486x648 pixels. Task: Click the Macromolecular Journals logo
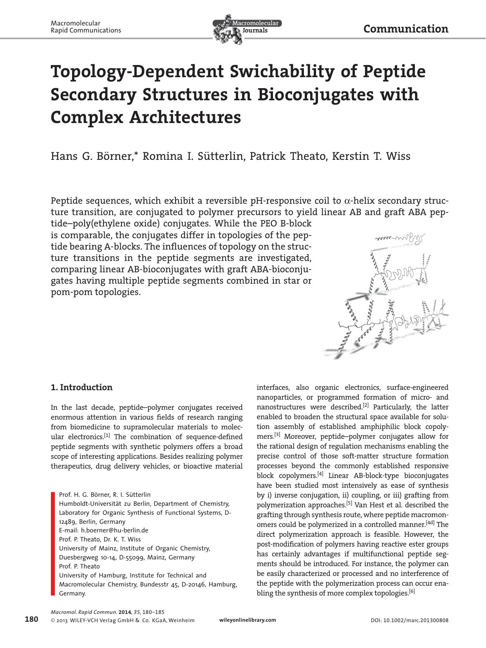(247, 28)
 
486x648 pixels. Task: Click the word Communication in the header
(406, 29)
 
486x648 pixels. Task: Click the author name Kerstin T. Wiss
(371, 156)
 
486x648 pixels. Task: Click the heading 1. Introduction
(81, 387)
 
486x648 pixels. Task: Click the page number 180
(31, 619)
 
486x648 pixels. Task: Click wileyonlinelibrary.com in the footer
(248, 620)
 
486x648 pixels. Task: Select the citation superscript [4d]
(430, 523)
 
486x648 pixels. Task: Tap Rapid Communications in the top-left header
(86, 31)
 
